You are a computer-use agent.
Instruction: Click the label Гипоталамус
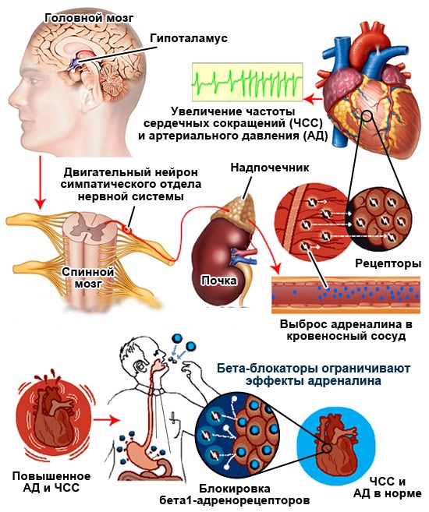point(189,38)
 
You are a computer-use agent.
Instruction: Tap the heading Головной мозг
point(89,18)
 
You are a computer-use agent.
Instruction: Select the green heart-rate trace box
point(247,82)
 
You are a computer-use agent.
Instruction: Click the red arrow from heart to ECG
point(313,99)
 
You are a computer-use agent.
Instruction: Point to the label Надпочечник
point(270,168)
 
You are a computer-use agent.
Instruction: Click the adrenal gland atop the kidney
point(238,210)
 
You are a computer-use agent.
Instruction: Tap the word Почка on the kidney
point(219,281)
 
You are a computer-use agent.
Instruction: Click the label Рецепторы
point(388,263)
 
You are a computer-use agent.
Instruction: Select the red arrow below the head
point(41,182)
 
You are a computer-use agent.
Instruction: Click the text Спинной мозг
point(88,277)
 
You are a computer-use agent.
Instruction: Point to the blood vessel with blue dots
point(346,295)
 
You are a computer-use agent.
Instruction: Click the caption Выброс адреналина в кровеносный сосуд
point(346,330)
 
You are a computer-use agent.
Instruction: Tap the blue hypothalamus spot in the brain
point(74,64)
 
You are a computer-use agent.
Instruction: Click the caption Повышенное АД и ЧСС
point(51,482)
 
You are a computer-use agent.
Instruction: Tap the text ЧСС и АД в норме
point(388,488)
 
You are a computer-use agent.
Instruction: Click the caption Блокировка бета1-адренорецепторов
point(234,495)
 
